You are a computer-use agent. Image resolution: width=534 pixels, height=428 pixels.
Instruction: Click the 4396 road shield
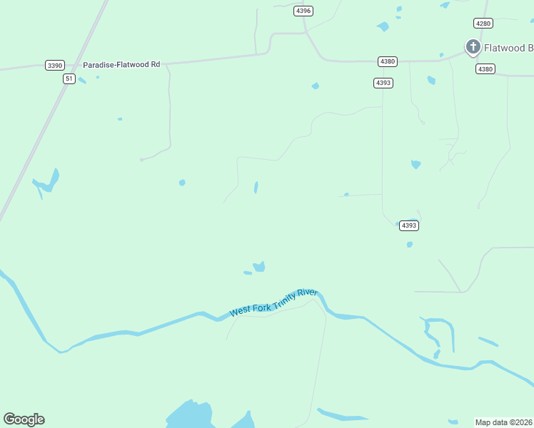(x=303, y=11)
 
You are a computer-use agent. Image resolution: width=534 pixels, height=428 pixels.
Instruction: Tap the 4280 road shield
(x=483, y=24)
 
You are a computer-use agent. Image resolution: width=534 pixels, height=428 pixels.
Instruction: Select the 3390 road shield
(x=54, y=65)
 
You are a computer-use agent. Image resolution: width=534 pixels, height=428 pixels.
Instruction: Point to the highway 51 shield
(x=69, y=78)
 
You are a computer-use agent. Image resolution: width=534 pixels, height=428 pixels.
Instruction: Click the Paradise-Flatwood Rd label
(x=121, y=64)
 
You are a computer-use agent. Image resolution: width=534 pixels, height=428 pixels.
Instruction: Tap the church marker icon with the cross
(x=473, y=47)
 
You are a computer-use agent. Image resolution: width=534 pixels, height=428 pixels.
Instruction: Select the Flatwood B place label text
(x=509, y=49)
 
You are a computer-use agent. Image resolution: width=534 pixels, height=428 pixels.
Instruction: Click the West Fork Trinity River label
(x=273, y=302)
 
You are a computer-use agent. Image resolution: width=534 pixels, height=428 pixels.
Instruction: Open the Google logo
(x=24, y=419)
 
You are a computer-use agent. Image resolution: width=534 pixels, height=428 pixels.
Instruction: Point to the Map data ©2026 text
(x=504, y=422)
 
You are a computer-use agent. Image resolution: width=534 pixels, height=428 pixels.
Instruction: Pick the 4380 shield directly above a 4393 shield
(x=388, y=61)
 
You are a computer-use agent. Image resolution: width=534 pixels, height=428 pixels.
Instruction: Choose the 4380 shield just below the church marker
(x=485, y=68)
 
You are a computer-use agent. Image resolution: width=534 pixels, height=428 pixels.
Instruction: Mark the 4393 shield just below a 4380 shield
(x=383, y=83)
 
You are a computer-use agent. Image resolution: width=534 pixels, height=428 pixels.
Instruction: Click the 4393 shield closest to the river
(x=408, y=225)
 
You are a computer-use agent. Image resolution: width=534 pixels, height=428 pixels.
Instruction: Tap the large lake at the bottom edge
(x=189, y=415)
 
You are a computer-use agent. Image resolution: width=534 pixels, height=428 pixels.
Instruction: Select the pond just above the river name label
(x=259, y=267)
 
